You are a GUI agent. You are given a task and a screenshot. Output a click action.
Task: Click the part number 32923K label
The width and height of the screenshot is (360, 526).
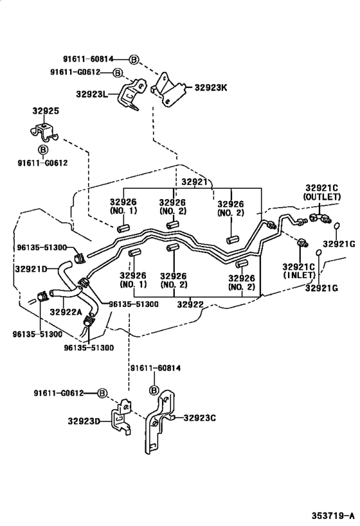click(211, 87)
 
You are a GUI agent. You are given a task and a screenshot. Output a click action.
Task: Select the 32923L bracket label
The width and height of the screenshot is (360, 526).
click(92, 94)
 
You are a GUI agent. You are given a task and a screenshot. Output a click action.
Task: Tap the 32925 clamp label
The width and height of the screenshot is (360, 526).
click(46, 110)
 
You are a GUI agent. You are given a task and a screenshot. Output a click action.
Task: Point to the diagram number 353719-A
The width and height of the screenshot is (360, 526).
click(333, 516)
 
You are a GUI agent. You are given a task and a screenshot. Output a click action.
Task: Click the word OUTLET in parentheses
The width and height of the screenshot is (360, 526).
click(322, 197)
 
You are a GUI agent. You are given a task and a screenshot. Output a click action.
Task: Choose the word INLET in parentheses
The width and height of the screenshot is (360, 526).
click(299, 276)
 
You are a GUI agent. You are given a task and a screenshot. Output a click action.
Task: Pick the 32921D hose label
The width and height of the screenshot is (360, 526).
click(31, 268)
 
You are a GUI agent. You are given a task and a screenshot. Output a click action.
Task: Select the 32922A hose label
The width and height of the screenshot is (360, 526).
click(66, 312)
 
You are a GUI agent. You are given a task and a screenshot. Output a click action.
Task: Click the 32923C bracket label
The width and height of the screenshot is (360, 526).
click(200, 418)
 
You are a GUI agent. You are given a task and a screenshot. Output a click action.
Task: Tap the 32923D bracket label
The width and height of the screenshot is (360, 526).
click(84, 421)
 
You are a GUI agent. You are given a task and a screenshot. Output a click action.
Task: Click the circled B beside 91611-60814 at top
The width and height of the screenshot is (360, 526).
click(134, 60)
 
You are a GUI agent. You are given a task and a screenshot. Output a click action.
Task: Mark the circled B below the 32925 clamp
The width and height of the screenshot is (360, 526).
click(43, 150)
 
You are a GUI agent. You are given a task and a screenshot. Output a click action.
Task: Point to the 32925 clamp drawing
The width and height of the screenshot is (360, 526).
click(44, 133)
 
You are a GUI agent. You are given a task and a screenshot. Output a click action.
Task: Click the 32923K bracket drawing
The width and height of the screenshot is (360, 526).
click(168, 89)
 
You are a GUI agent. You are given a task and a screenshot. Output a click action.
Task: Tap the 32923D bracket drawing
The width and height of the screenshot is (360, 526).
click(121, 417)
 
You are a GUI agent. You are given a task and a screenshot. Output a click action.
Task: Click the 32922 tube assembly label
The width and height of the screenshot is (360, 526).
click(190, 304)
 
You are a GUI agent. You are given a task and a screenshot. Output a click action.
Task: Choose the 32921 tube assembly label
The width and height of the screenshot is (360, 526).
click(195, 182)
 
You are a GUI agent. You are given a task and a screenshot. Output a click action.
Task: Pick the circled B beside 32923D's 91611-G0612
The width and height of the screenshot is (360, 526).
click(102, 393)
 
